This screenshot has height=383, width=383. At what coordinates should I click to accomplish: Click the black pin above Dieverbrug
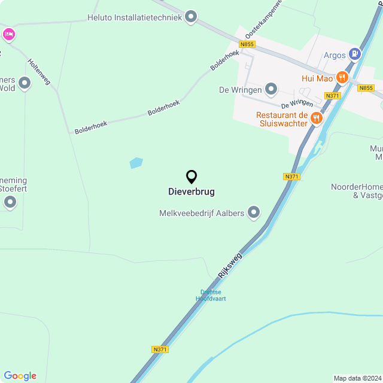click(191, 177)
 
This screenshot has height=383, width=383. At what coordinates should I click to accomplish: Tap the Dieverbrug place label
click(191, 192)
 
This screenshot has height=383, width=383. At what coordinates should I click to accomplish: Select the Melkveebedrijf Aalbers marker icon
click(254, 212)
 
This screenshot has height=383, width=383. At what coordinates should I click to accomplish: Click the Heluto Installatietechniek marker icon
click(191, 17)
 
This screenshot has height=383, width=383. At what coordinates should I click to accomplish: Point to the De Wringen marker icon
click(271, 90)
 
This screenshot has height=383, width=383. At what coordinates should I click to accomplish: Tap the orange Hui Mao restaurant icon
click(342, 77)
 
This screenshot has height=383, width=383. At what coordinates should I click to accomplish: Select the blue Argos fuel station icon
click(355, 54)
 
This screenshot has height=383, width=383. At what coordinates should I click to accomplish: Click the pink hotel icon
click(9, 35)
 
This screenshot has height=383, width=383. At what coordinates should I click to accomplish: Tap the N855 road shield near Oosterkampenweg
click(246, 44)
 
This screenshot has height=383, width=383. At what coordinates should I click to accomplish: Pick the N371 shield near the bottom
click(160, 349)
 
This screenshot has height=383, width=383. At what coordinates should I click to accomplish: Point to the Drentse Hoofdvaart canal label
click(212, 296)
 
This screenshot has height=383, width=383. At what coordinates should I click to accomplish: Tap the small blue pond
click(136, 163)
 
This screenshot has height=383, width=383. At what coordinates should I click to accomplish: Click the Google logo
click(20, 375)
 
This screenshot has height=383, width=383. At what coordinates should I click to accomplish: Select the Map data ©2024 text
click(357, 378)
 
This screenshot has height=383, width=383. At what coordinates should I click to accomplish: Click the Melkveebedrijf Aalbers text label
click(202, 213)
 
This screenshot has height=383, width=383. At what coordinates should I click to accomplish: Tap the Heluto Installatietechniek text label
click(134, 17)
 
